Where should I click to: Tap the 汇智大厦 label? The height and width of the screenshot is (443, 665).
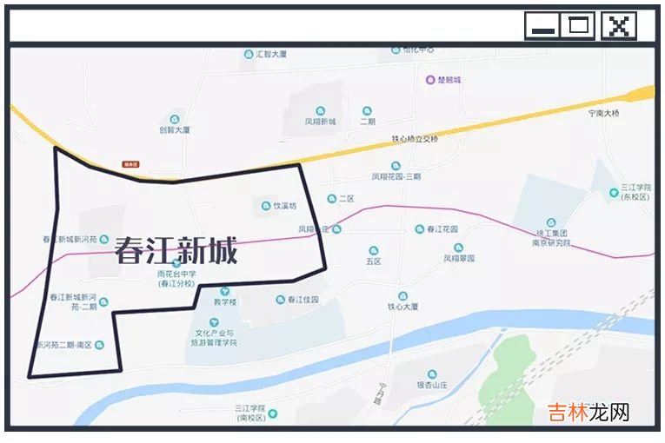(271, 54)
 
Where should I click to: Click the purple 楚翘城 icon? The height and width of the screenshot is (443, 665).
(429, 80)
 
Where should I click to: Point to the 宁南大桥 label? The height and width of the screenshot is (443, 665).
(604, 113)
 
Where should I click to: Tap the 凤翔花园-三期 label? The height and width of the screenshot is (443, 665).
(396, 176)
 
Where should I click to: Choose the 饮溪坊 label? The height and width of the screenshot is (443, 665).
(285, 207)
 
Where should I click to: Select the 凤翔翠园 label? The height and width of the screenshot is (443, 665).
(458, 258)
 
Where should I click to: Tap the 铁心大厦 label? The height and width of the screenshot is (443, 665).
(403, 307)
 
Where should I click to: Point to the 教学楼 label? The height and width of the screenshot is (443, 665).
(225, 303)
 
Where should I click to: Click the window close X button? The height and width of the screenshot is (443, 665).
(618, 26)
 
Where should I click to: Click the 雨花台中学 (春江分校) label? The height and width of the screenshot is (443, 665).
(176, 279)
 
